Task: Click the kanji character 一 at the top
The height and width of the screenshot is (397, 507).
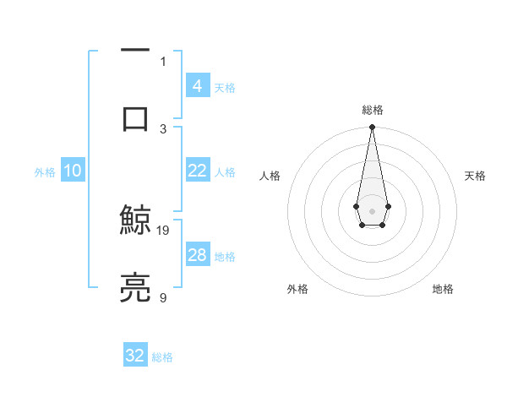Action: click(x=135, y=52)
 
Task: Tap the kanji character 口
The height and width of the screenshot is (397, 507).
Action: click(x=135, y=118)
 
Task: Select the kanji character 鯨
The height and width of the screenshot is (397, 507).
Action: click(x=135, y=221)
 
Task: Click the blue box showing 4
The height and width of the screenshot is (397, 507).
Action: click(x=197, y=85)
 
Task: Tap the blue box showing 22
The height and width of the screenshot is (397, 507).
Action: click(x=197, y=171)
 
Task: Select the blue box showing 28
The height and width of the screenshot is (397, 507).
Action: click(x=197, y=255)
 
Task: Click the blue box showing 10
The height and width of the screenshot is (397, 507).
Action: click(x=73, y=171)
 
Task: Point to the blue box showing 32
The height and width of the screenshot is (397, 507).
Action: click(x=135, y=356)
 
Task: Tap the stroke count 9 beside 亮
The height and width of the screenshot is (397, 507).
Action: click(x=163, y=297)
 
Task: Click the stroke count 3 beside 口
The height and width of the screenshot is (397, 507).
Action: click(x=163, y=128)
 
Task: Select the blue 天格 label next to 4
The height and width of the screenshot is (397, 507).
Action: click(x=225, y=87)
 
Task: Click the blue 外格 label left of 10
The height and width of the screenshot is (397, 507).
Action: click(x=45, y=171)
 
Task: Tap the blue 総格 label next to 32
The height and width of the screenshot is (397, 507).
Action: click(x=162, y=357)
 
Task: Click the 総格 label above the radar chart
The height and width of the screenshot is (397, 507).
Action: click(x=372, y=110)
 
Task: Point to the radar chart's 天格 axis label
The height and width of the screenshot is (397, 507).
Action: click(x=475, y=176)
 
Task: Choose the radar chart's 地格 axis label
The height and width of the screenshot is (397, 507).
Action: click(x=443, y=289)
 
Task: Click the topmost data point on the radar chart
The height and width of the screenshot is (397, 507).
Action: click(x=372, y=128)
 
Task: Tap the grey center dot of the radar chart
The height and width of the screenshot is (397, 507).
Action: click(x=372, y=210)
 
